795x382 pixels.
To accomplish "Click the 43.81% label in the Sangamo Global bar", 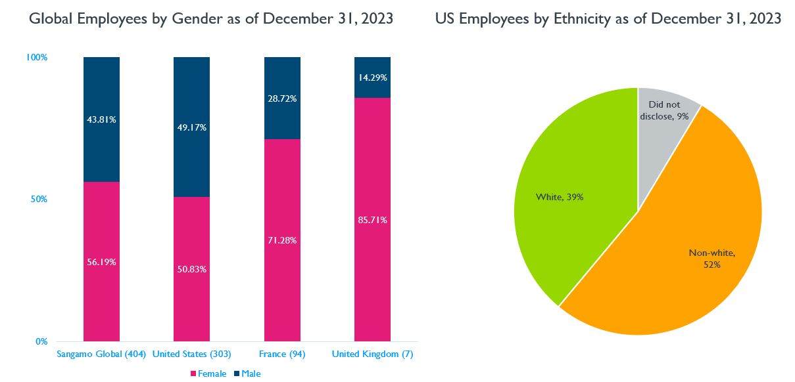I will coord(101,119).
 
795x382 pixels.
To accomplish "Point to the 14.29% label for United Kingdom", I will coord(372,77).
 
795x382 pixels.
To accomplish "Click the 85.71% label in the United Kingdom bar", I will coord(372,220).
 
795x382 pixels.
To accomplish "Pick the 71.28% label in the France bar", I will coord(282,240).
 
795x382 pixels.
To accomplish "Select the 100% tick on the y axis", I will coord(37,57).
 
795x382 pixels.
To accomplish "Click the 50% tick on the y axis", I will coord(39,200).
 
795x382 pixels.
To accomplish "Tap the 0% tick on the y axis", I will coord(41,341).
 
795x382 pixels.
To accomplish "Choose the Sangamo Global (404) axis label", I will coord(101,354).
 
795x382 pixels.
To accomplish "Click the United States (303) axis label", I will coord(191,354).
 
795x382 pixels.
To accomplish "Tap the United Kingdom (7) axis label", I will coord(372,354).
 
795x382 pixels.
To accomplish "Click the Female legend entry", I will coord(208,373).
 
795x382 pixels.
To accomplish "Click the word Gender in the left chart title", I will coord(196,18).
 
